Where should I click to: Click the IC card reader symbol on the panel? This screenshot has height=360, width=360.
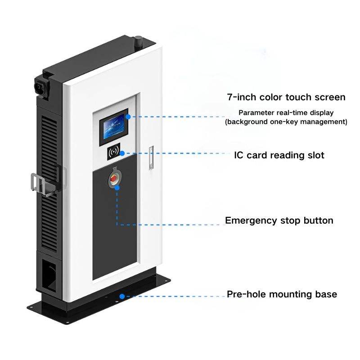point(113,153)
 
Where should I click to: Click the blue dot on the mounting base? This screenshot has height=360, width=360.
point(122,297)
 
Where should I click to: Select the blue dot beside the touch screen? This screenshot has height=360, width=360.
point(128,116)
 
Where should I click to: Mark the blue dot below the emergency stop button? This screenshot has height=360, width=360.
point(117,187)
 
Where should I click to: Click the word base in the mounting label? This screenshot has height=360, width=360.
point(326,294)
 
